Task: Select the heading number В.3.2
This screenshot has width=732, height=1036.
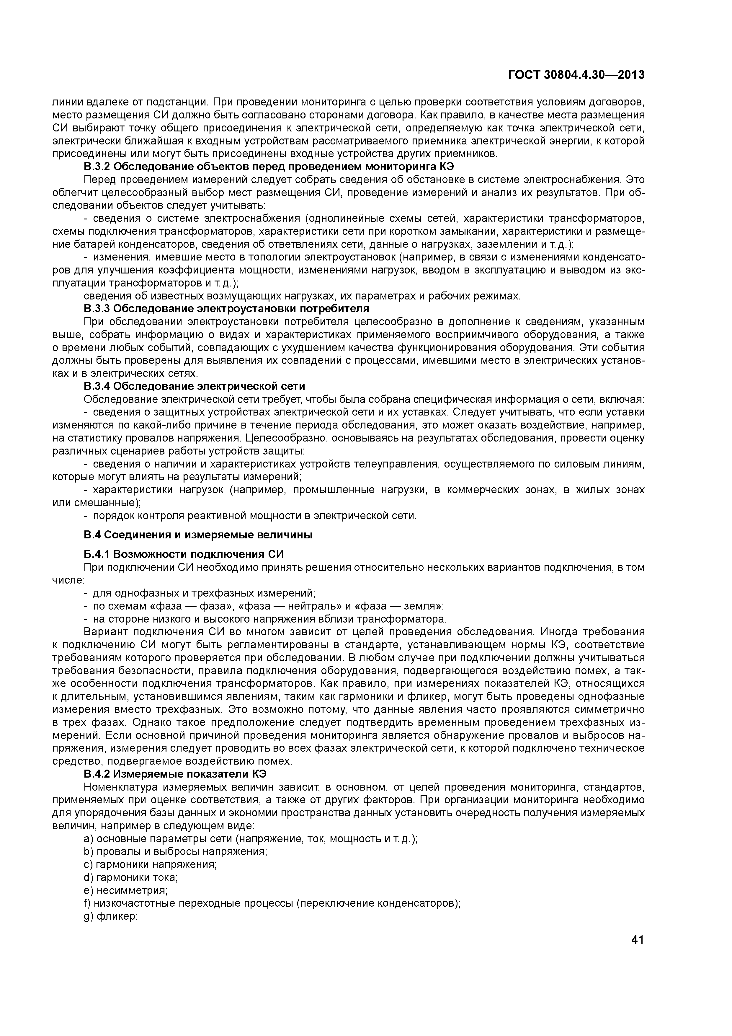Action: (x=97, y=167)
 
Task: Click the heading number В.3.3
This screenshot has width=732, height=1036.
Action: (x=97, y=309)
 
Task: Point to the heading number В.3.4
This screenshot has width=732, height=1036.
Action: (x=97, y=386)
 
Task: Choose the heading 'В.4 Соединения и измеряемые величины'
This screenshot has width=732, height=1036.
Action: (x=198, y=535)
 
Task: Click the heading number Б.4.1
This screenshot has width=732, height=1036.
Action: (x=97, y=554)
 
